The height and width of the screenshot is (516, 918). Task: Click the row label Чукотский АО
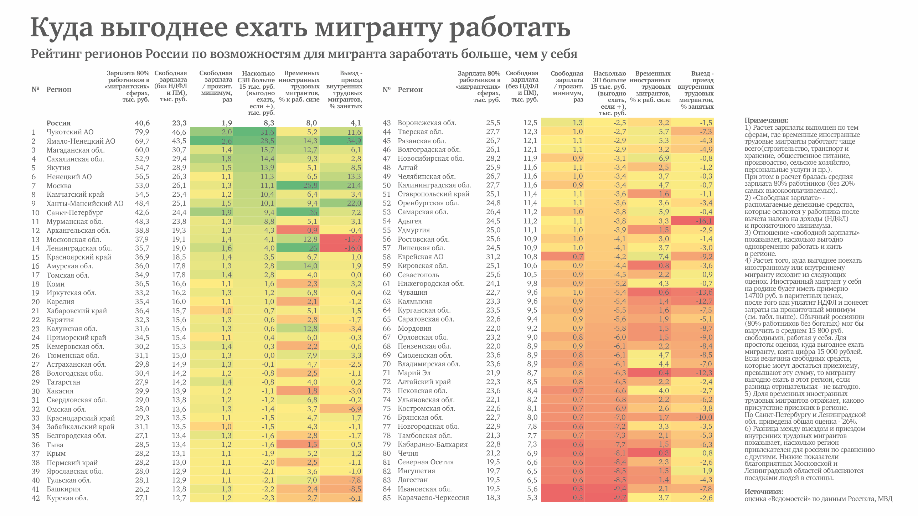point(70,132)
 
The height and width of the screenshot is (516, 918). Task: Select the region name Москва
point(59,186)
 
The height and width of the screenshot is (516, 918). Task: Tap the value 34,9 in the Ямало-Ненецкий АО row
point(354,141)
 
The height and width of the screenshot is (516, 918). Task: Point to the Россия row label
point(58,123)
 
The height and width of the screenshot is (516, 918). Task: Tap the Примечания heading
point(766,120)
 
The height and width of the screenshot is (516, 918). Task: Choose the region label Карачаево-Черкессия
point(433,498)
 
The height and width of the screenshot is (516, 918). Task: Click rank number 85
point(387,498)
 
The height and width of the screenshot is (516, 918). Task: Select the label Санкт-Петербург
point(75,213)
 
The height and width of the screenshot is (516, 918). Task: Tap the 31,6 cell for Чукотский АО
point(267,132)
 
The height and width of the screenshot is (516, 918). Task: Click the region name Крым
point(56,454)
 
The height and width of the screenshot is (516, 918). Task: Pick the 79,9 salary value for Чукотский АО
point(142,132)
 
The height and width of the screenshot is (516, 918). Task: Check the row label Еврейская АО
point(421,257)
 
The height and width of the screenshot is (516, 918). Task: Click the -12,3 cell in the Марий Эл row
point(704,373)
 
